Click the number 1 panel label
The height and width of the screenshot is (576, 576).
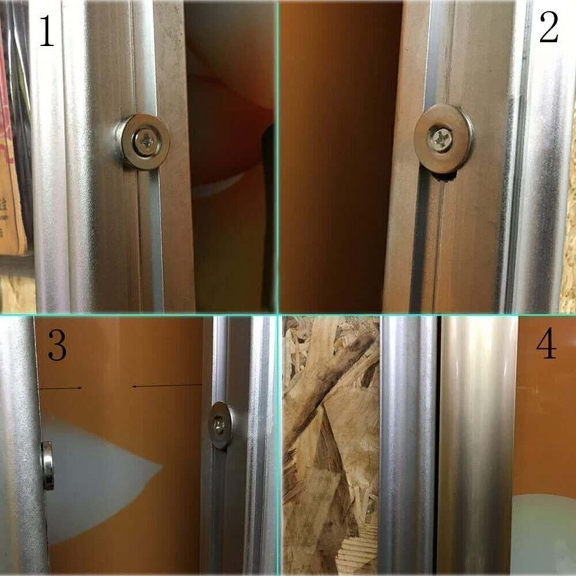pyautogui.click(x=46, y=32)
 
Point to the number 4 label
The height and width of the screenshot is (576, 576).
pyautogui.click(x=546, y=344)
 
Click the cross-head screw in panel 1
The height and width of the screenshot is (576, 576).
pyautogui.click(x=145, y=141)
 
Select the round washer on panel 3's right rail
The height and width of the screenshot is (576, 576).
pyautogui.click(x=221, y=425)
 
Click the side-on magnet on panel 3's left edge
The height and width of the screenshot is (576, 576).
pyautogui.click(x=47, y=465)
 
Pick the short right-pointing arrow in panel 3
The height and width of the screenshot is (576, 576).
pyautogui.click(x=60, y=388)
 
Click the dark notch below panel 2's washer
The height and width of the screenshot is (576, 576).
pyautogui.click(x=445, y=178)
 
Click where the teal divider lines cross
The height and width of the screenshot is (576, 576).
pyautogui.click(x=279, y=314)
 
